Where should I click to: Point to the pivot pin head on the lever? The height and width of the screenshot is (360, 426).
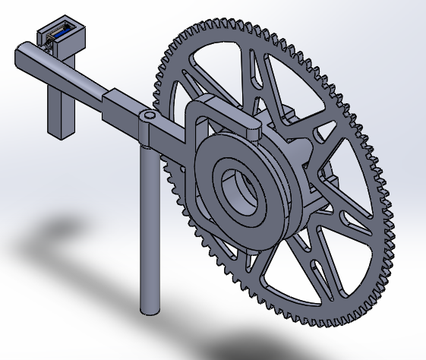tap(150, 115)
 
